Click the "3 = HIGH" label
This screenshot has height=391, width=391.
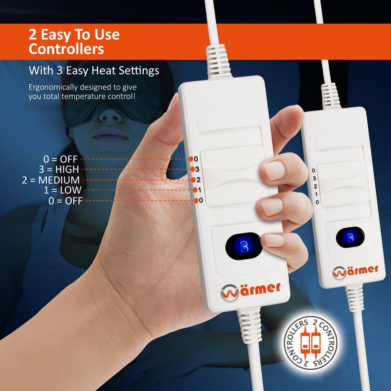point(59,169)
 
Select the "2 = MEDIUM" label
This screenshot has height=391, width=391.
point(51,180)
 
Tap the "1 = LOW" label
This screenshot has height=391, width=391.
point(63,190)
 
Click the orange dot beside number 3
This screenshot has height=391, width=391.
point(193,169)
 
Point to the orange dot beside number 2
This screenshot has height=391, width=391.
point(194,180)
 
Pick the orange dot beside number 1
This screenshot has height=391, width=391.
point(195,190)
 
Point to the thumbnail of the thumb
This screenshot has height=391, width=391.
point(272,169)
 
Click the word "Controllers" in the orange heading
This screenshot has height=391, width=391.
point(66,49)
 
